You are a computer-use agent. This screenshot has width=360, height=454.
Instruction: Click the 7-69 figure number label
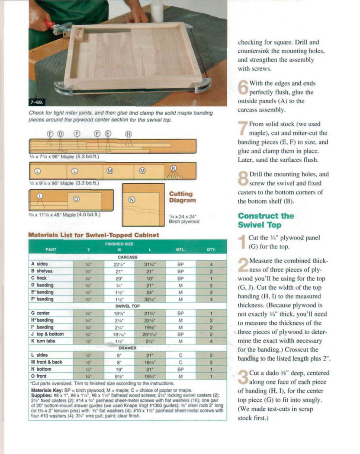[36, 102]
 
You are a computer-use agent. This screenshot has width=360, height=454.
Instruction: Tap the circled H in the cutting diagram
[129, 134]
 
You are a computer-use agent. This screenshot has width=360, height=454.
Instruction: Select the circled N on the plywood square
[132, 200]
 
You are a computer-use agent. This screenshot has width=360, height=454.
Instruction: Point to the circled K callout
[174, 168]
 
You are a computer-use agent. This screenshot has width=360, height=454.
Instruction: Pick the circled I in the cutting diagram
[40, 195]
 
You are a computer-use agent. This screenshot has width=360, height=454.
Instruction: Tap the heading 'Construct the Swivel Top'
[265, 220]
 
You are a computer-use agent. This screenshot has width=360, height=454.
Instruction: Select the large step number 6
[243, 87]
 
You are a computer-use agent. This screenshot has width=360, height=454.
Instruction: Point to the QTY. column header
[211, 249]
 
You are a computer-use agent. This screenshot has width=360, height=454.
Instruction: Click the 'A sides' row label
[40, 264]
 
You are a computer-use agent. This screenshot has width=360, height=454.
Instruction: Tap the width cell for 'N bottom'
[119, 369]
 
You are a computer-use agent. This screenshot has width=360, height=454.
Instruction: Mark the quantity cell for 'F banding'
[211, 299]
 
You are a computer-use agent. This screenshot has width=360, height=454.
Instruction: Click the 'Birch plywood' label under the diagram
[184, 222]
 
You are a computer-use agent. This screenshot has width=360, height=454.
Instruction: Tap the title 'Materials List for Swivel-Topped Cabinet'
[93, 235]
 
